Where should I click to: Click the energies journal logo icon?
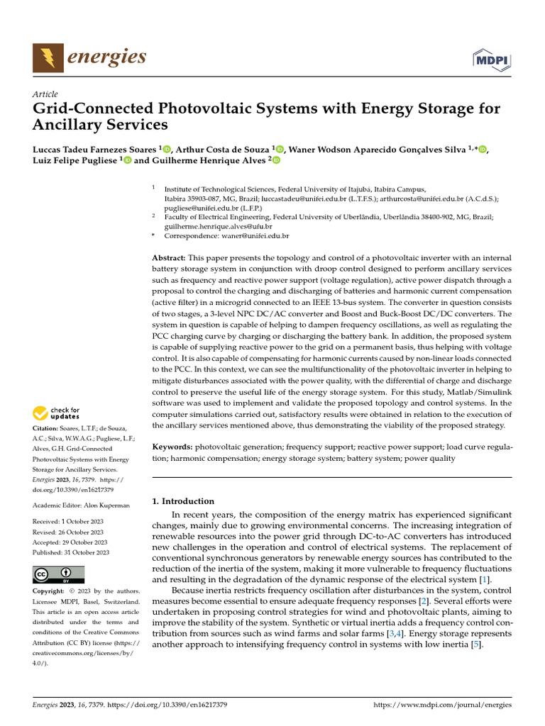pos(47,57)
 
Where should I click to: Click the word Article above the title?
pos(45,94)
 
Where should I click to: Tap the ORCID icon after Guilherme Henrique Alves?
pos(275,161)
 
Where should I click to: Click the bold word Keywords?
pos(172,447)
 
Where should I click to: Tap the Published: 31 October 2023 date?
pos(71,552)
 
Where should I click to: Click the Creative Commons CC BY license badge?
pos(59,574)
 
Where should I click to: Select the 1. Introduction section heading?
pos(183,501)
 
